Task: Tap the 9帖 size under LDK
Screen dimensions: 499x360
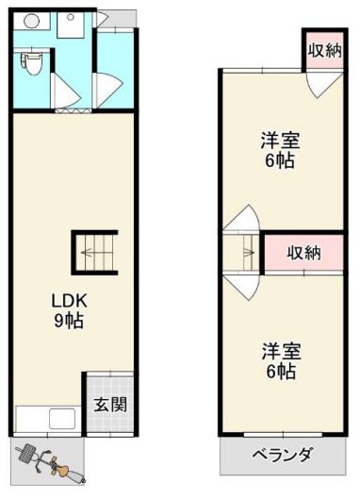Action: point(68,321)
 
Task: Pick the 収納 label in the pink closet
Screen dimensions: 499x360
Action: point(303,252)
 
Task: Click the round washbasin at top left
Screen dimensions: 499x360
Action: point(30,21)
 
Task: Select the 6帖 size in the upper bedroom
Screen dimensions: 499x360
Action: point(281,161)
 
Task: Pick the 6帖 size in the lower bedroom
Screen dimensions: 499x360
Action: point(281,373)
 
